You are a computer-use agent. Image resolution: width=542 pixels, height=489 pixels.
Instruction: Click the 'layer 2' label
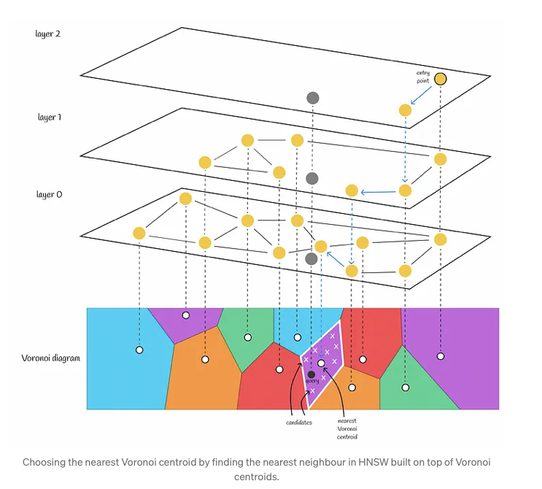pyautogui.click(x=47, y=34)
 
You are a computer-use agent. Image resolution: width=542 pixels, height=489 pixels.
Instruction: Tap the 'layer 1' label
pyautogui.click(x=50, y=118)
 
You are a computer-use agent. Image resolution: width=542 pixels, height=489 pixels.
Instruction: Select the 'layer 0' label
pyautogui.click(x=50, y=194)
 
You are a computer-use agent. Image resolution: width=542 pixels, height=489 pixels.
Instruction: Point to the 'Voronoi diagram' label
pyautogui.click(x=51, y=358)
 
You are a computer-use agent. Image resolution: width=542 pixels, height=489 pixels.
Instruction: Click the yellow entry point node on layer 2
pyautogui.click(x=441, y=79)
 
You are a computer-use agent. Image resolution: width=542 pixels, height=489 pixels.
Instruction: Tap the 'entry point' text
pyautogui.click(x=423, y=77)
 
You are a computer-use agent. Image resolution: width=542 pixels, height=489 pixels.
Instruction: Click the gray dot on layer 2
pyautogui.click(x=313, y=98)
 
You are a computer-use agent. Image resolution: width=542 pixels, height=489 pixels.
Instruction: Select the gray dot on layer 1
pyautogui.click(x=312, y=178)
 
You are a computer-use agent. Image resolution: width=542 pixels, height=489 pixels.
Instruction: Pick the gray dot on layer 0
pyautogui.click(x=311, y=258)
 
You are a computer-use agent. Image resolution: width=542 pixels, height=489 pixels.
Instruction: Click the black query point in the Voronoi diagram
pyautogui.click(x=311, y=374)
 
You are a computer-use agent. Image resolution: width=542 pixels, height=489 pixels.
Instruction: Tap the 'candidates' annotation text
pyautogui.click(x=299, y=423)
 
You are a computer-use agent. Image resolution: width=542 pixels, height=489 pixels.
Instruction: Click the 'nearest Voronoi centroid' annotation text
pyautogui.click(x=347, y=429)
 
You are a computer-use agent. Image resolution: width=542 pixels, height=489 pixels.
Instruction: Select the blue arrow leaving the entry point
pyautogui.click(x=421, y=95)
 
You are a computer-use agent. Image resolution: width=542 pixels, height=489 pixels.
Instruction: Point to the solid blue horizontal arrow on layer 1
pyautogui.click(x=378, y=192)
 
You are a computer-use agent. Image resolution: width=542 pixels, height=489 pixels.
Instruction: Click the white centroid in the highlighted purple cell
pyautogui.click(x=321, y=363)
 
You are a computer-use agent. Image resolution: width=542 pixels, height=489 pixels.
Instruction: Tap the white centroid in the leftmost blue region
pyautogui.click(x=139, y=350)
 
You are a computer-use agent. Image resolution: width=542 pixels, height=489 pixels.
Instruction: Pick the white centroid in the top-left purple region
pyautogui.click(x=186, y=315)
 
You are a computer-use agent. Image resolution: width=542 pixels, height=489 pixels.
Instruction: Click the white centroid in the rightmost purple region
pyautogui.click(x=441, y=356)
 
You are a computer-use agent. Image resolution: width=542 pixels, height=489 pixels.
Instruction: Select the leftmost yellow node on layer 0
pyautogui.click(x=139, y=233)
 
